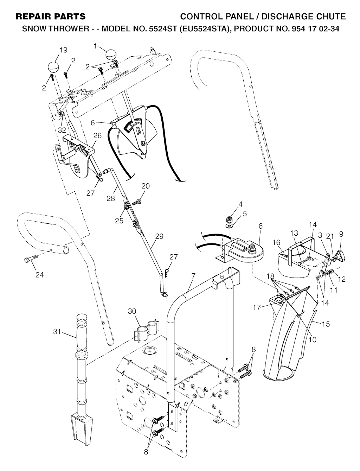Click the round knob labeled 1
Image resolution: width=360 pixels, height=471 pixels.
pos(111,55)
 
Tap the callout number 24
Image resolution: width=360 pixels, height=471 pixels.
pos(39,275)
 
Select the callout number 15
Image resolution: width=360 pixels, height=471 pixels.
pos(326,324)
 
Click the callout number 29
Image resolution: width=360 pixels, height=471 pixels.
pos(159,236)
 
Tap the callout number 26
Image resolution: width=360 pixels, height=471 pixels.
pos(97,136)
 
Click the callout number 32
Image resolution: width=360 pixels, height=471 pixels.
pos(62,130)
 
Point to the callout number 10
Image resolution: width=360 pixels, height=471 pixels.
pos(313,340)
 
